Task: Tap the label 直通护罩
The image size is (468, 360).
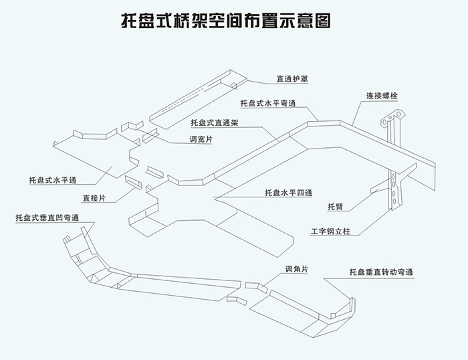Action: coord(293,79)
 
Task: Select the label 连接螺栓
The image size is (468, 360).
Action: coord(382,96)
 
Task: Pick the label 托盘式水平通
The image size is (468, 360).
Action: coord(53,181)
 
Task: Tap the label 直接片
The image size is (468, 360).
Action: coord(94,198)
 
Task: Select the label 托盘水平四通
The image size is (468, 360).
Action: coord(288,193)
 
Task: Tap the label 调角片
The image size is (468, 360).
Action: coord(296,269)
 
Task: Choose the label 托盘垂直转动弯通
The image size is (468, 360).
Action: coord(381,272)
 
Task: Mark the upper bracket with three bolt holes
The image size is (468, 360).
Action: coord(392,128)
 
